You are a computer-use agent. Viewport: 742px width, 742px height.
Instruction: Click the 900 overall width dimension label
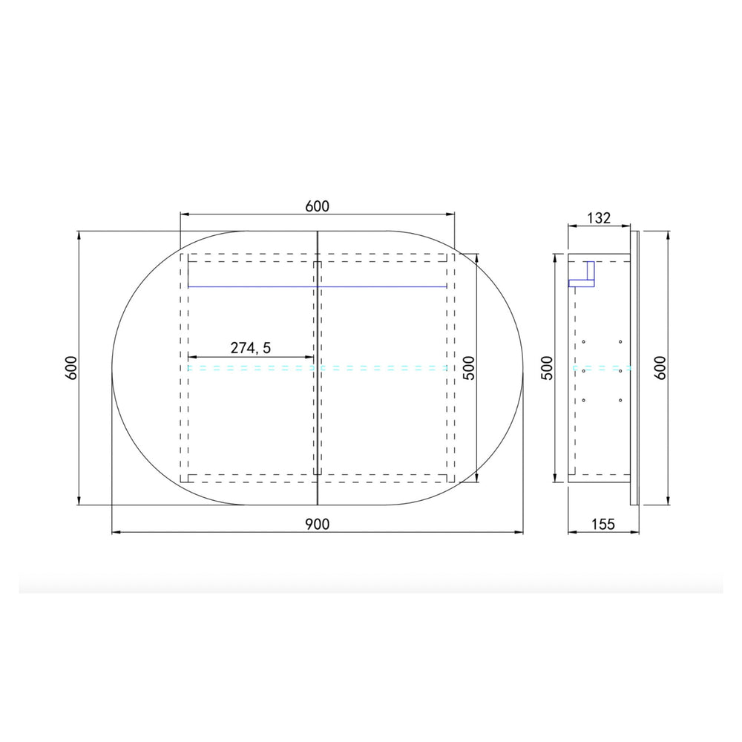pos(317,524)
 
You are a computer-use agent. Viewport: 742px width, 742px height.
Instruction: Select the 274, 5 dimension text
pos(250,348)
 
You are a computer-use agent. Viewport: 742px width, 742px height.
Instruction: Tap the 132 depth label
pos(599,218)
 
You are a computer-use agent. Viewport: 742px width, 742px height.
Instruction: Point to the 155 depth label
pos(603,525)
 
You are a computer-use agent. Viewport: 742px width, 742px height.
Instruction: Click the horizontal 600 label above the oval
pos(317,206)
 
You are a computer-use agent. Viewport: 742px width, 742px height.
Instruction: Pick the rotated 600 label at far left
pos(71,368)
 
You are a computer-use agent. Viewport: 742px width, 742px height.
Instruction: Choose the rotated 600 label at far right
pos(660,368)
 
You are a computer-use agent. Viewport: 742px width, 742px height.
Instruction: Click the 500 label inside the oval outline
pos(468,368)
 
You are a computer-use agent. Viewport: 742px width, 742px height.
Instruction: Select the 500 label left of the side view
pos(547,368)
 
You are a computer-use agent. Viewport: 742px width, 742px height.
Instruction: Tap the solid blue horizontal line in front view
pos(317,286)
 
